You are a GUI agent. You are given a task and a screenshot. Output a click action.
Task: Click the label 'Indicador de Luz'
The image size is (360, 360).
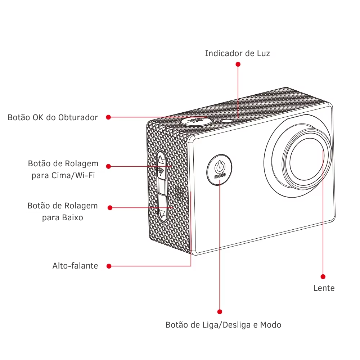point(237,54)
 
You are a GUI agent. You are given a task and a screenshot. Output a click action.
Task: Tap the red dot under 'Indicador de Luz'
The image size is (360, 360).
point(238,64)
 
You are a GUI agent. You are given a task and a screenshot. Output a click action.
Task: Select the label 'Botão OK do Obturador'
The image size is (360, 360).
point(53,117)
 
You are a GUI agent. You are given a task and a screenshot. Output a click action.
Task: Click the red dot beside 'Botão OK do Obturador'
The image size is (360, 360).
point(109,117)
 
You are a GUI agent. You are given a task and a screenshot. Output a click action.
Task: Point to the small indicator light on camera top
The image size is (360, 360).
point(227,121)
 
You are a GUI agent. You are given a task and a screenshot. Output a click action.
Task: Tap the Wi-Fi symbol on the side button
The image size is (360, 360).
point(161,171)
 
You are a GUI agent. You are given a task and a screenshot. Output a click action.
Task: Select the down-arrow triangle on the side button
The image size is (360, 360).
point(162,213)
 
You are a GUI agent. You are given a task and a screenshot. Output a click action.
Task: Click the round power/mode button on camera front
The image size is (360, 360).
point(220,170)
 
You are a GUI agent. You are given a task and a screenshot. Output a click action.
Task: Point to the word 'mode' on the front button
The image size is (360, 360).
point(220,176)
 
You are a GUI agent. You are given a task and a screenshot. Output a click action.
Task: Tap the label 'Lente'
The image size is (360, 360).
point(324,288)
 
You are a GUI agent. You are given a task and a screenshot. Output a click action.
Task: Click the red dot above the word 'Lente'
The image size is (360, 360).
point(323,276)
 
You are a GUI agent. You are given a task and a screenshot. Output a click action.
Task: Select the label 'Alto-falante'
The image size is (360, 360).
point(75,266)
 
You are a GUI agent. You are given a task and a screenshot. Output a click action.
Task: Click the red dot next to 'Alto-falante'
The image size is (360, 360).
point(109,266)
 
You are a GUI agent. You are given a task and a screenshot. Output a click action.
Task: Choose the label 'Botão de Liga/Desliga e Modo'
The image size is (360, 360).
point(224,325)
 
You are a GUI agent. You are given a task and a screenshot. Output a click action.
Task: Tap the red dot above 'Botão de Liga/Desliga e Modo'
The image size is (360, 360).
point(220,312)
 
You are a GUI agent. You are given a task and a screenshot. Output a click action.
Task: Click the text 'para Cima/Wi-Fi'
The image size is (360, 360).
point(63,175)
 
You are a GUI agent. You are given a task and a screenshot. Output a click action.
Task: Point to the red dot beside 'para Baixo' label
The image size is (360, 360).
point(110,208)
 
